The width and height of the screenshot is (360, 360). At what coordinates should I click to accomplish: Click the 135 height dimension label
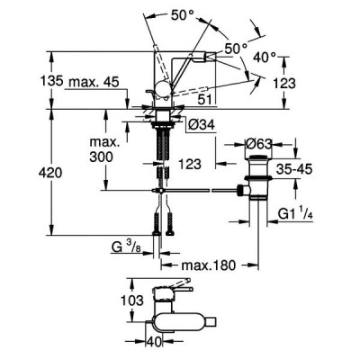click(51, 81)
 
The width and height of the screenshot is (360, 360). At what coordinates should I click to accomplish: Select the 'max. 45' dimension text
click(94, 82)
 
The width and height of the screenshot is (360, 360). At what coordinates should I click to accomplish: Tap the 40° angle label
click(265, 57)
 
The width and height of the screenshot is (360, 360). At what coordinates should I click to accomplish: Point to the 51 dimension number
click(205, 100)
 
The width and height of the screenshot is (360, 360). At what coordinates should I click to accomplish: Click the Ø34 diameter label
click(202, 124)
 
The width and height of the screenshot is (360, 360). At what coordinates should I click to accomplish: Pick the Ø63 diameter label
click(258, 144)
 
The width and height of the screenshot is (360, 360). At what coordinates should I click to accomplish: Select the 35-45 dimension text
click(294, 169)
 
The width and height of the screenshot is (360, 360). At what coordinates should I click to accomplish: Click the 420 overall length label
click(50, 173)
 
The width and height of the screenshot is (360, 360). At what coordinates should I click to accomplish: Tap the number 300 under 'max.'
click(102, 157)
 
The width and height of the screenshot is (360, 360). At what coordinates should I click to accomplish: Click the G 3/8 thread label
click(126, 247)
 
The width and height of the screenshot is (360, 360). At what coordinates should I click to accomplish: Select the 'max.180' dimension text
click(208, 265)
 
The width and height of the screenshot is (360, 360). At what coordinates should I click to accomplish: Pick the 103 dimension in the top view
click(132, 301)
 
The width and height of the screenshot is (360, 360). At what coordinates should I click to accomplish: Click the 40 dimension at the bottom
click(154, 341)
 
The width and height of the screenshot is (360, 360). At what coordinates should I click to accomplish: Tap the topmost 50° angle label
click(183, 15)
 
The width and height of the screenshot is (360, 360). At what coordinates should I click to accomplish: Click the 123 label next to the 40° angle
click(284, 83)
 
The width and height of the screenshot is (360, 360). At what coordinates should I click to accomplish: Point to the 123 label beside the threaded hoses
click(190, 164)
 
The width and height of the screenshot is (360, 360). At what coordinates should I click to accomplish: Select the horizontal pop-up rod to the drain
click(195, 190)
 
